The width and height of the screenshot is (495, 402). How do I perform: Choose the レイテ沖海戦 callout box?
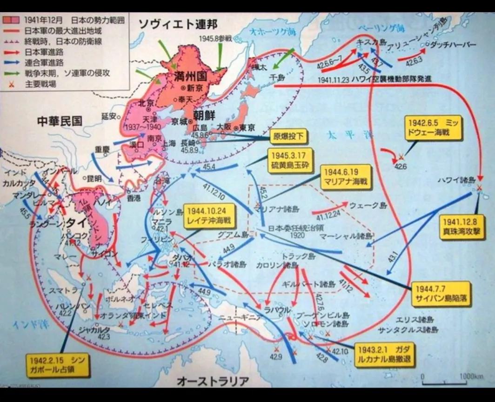208,215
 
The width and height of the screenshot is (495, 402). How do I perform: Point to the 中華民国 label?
60,121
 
